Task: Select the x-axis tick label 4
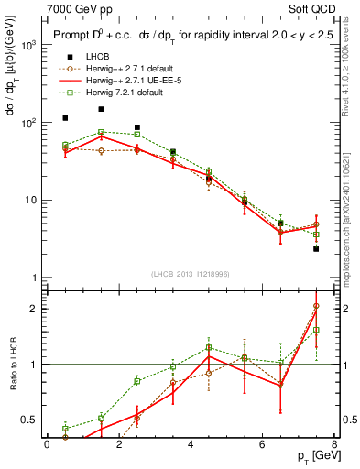191,444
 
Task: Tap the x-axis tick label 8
333,444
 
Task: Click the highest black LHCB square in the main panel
101,109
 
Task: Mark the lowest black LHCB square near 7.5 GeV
316,248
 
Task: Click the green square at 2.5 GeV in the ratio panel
136,381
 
